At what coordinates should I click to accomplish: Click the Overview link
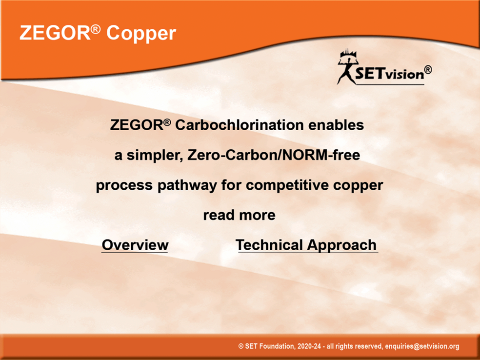[135, 245]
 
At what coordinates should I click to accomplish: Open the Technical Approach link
[306, 245]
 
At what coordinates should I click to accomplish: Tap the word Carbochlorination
[239, 125]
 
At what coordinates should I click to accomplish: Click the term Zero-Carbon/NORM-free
[274, 155]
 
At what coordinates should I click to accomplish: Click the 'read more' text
[239, 215]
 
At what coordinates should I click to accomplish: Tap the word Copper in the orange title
[141, 33]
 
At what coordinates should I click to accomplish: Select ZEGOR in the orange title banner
[55, 33]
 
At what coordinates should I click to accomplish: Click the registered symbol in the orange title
[96, 29]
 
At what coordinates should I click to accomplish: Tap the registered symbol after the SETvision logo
[428, 70]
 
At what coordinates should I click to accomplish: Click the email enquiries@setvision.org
[422, 346]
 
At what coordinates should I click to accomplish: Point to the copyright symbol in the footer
[241, 346]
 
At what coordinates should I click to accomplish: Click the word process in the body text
[124, 186]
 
